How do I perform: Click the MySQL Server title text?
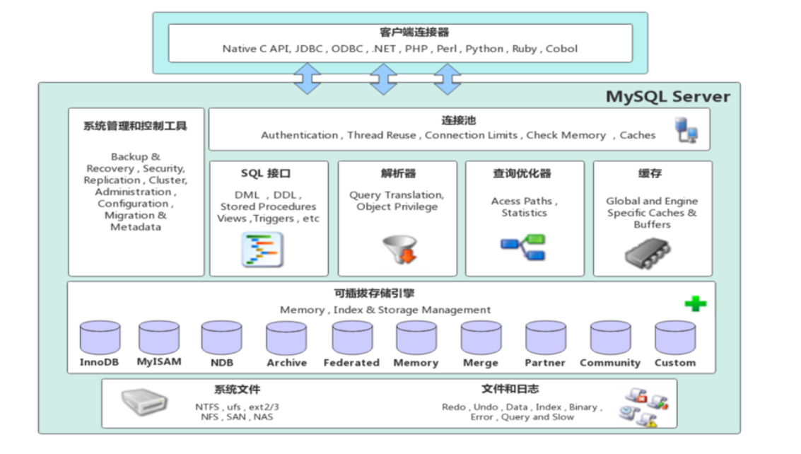[x=667, y=96]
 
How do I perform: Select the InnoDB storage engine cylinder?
[x=100, y=337]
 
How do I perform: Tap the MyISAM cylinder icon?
[x=159, y=337]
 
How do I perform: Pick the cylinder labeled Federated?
[x=352, y=337]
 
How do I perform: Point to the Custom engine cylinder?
[x=675, y=337]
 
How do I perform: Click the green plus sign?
[x=696, y=304]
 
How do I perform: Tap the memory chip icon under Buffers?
[x=648, y=252]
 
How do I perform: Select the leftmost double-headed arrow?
[x=308, y=78]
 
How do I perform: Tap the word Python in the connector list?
[x=485, y=49]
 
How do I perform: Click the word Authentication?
[x=300, y=135]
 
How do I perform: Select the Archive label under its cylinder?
[x=287, y=363]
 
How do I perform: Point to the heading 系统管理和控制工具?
[x=135, y=126]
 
